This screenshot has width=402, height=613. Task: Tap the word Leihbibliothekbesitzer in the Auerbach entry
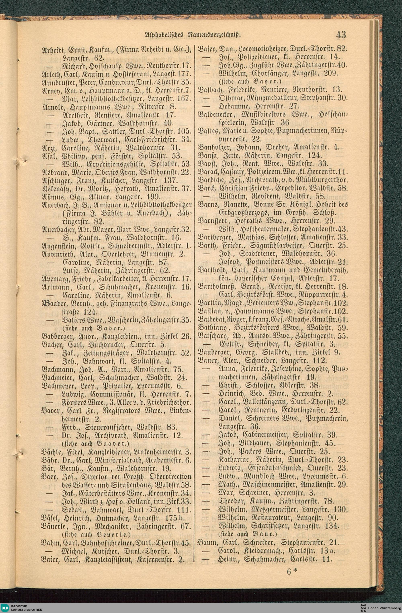click(162, 205)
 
